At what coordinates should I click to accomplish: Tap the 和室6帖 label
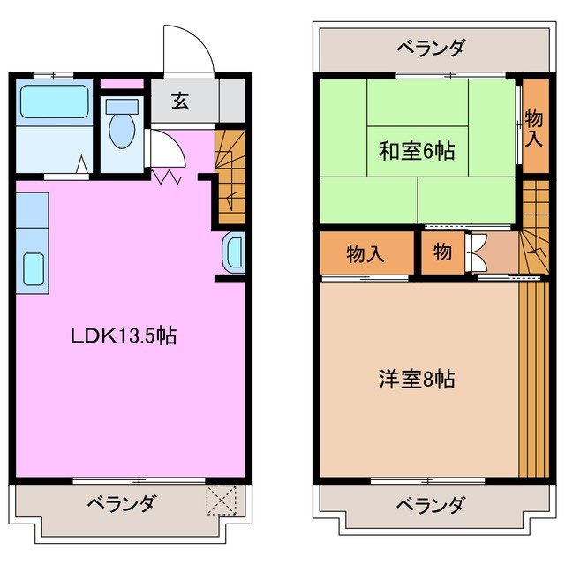tap(417, 151)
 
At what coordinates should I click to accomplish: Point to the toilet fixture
tap(119, 129)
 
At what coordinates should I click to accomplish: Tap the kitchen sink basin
tap(33, 267)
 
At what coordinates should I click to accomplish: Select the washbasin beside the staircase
tap(234, 254)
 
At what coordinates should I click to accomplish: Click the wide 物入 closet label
tap(365, 253)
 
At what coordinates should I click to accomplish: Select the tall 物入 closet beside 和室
tap(533, 126)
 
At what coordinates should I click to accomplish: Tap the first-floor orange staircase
tap(229, 177)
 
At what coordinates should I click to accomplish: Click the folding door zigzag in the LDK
tap(167, 177)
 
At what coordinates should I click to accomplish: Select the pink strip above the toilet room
tap(121, 85)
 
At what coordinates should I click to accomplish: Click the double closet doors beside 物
tap(474, 252)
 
